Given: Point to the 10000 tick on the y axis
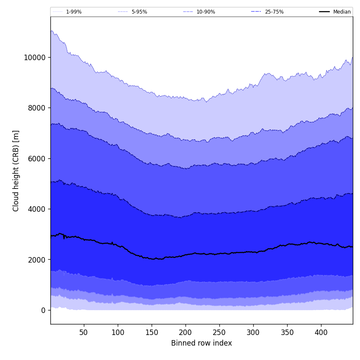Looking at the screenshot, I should pos(35,58).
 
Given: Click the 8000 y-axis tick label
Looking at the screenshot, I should pos(36,108).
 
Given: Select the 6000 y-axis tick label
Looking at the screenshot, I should pos(36,158).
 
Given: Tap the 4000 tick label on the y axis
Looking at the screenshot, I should pos(36,209).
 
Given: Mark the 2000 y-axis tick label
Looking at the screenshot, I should pos(36,260).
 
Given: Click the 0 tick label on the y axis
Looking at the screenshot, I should pos(43,310).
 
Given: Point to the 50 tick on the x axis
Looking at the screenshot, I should pos(84,333).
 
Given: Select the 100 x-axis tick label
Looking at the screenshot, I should pos(118,333).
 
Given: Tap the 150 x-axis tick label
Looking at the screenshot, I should pos(152,333).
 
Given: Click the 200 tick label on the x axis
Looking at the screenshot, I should pos(186,333).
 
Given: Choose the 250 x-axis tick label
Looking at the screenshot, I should pos(219,333).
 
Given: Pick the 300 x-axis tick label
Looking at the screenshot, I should pos(253,333).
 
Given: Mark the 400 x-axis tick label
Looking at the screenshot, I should pos(321,333).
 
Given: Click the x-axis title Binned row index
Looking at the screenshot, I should pos(202,343).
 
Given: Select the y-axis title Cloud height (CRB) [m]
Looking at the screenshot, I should pos(16,171).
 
